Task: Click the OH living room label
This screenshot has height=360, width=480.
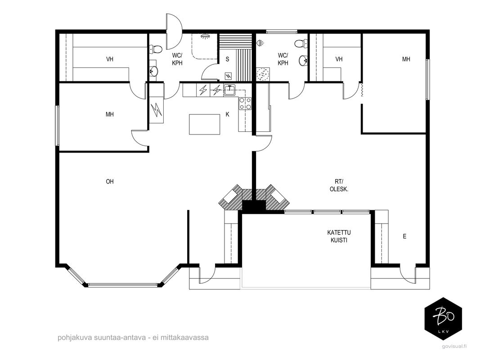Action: pos(110,181)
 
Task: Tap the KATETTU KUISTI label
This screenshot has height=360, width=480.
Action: pos(339,236)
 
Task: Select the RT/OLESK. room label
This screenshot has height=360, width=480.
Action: pos(339,185)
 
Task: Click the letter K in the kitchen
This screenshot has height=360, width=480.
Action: pos(228,114)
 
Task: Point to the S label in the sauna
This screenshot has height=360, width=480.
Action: pos(228,59)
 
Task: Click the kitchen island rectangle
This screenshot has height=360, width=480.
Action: pos(205,124)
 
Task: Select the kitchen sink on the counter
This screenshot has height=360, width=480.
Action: pos(229,90)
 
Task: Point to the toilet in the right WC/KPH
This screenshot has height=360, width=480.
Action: pos(301,44)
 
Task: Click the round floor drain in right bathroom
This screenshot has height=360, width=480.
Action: pos(263,74)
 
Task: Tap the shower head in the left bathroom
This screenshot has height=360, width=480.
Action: pos(206,36)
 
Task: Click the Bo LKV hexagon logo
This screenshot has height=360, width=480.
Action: pos(443,319)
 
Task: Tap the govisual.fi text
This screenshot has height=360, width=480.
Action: pos(454,346)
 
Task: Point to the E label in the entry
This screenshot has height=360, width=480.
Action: pos(405,236)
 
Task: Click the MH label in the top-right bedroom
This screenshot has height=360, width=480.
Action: pos(406,59)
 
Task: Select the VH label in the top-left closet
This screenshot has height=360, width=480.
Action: pos(110,59)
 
